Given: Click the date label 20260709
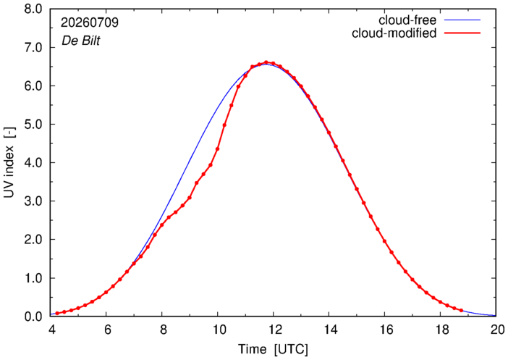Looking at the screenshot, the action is [90, 22].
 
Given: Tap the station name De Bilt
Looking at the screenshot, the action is [80, 41].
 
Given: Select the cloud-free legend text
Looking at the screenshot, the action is [407, 20].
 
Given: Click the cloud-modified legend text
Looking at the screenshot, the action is [394, 33].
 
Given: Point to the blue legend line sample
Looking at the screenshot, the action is [462, 20].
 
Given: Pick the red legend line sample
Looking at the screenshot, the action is [462, 33].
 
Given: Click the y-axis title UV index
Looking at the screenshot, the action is [9, 162].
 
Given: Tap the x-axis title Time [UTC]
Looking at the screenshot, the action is [273, 349].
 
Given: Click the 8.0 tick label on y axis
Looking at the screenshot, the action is [33, 9].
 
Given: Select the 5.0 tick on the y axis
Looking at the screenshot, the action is [33, 124].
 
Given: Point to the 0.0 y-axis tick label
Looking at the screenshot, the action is [33, 317].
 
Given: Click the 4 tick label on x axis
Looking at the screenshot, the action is [51, 330].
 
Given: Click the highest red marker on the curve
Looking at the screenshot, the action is [266, 62].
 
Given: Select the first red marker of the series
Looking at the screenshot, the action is [57, 314].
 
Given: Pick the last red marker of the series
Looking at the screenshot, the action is [462, 310].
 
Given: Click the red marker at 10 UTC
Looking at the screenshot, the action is [217, 149].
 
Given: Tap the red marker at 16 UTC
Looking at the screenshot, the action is [384, 241].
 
